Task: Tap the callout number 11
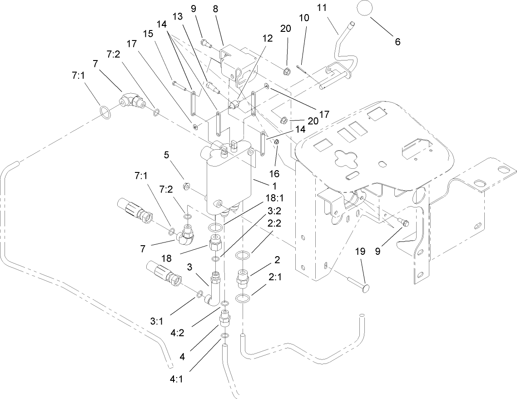(334, 9)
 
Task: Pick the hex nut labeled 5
(186, 187)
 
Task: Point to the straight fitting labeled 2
(242, 278)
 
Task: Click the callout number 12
(267, 39)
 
